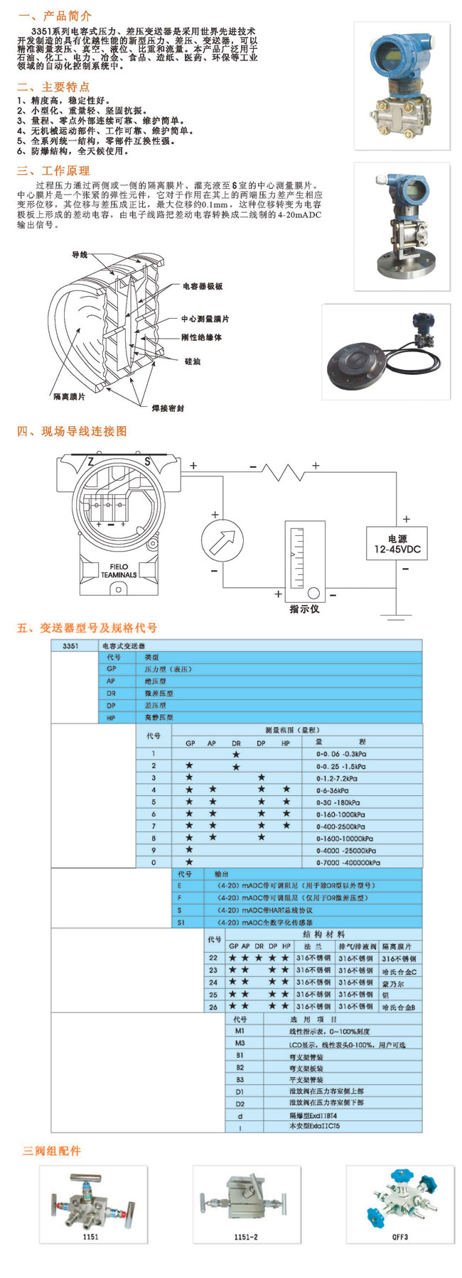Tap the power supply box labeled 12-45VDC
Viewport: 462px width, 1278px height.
(x=397, y=544)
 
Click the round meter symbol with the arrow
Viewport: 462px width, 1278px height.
(x=222, y=542)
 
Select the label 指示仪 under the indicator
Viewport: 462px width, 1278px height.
(x=304, y=609)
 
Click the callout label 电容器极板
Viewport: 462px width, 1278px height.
(x=203, y=286)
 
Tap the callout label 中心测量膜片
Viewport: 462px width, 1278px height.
(x=205, y=319)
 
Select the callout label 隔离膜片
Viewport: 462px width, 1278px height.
(x=69, y=396)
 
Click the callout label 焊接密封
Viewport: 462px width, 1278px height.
(x=168, y=408)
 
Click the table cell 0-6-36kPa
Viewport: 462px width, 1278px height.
(x=333, y=790)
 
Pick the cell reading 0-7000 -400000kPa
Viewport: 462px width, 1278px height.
(x=348, y=863)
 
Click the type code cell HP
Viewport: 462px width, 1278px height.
(x=111, y=718)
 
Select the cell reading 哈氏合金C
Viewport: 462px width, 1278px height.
(x=399, y=971)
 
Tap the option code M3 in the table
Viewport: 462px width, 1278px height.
(x=240, y=1043)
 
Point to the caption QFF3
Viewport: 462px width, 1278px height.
(x=400, y=1237)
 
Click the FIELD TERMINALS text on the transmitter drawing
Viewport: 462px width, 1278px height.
(x=119, y=571)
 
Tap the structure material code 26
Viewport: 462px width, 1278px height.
(x=213, y=1007)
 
